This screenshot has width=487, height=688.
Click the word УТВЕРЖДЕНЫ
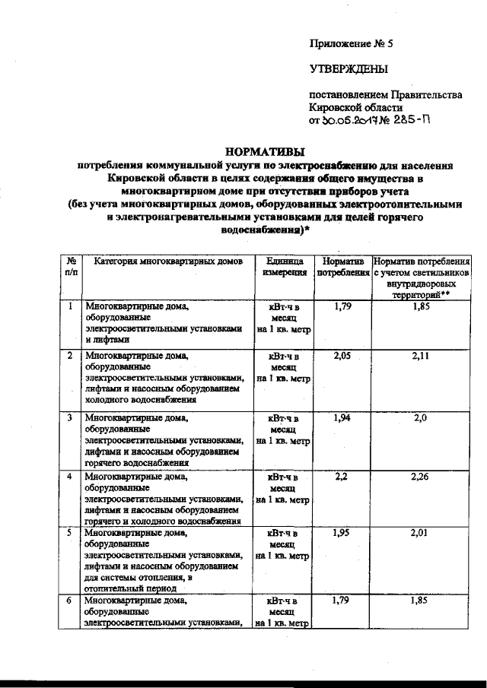[348, 69]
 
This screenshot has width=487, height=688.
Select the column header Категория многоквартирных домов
[168, 261]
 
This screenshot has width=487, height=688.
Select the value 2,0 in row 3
[422, 418]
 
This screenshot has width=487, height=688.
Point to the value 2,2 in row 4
[341, 477]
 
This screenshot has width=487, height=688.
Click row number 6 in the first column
[70, 601]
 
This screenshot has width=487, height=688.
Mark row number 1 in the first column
[70, 306]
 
